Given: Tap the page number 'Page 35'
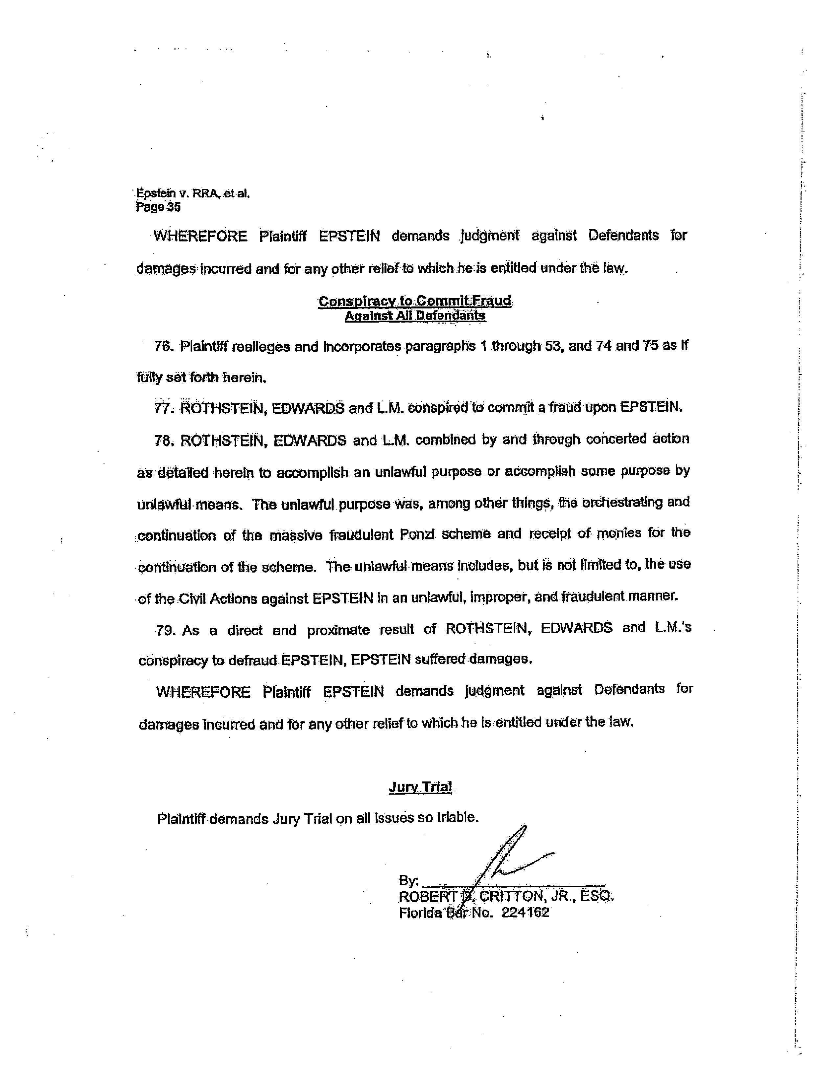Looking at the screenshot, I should (x=158, y=208).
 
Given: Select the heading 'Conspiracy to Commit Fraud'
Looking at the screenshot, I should (x=414, y=301).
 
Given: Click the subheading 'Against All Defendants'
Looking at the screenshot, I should (x=415, y=316).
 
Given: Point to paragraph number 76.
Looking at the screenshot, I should (x=162, y=347).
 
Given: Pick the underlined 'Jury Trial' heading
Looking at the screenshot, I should (x=420, y=787).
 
